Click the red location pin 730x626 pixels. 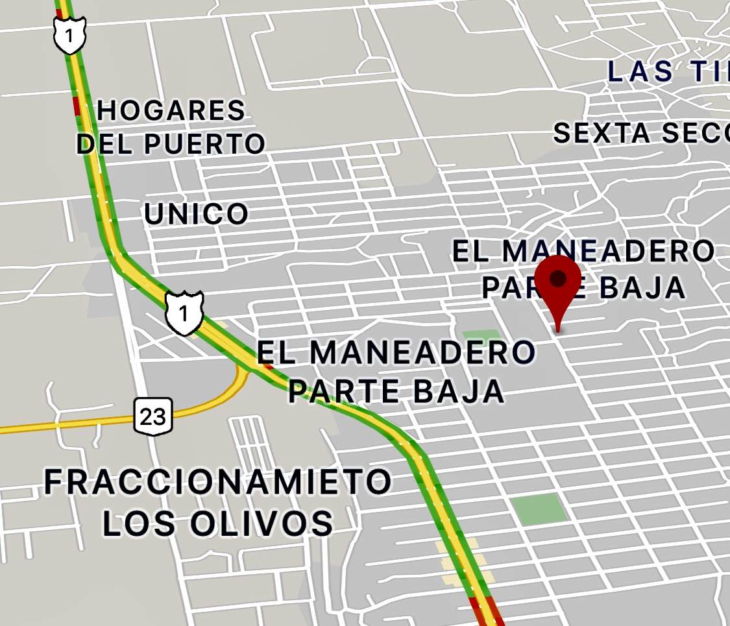pyautogui.click(x=557, y=289)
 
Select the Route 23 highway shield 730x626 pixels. pyautogui.click(x=154, y=416)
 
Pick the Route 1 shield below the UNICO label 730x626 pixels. pyautogui.click(x=184, y=313)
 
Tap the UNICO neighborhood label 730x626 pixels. pyautogui.click(x=196, y=213)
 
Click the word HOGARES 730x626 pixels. pyautogui.click(x=171, y=111)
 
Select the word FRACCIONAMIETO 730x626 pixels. pyautogui.click(x=218, y=482)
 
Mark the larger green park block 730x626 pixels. pyautogui.click(x=539, y=508)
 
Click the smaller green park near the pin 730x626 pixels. pyautogui.click(x=481, y=337)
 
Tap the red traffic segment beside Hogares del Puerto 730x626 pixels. pyautogui.click(x=77, y=106)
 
